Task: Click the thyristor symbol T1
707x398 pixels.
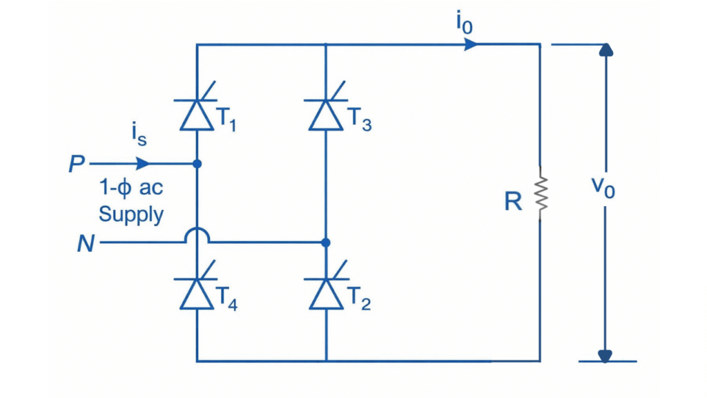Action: pyautogui.click(x=197, y=114)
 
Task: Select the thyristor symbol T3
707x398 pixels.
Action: pyautogui.click(x=326, y=114)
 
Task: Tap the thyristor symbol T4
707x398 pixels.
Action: pyautogui.click(x=197, y=293)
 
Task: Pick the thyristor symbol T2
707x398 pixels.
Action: pyautogui.click(x=326, y=293)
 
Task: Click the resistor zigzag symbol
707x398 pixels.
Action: pyautogui.click(x=540, y=193)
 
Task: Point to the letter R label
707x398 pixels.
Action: pyautogui.click(x=512, y=200)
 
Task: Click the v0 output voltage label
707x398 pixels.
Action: pyautogui.click(x=603, y=187)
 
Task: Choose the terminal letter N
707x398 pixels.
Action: pyautogui.click(x=86, y=244)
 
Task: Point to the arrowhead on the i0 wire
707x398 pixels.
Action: pyautogui.click(x=471, y=45)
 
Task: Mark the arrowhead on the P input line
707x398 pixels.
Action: pyautogui.click(x=143, y=164)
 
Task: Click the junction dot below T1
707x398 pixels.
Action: pyautogui.click(x=197, y=164)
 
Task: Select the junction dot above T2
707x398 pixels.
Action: pyautogui.click(x=326, y=243)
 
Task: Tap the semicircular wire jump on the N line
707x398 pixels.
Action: pyautogui.click(x=197, y=236)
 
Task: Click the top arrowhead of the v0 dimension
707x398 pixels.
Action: pyautogui.click(x=606, y=50)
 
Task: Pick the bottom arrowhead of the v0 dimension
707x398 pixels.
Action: pyautogui.click(x=606, y=355)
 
